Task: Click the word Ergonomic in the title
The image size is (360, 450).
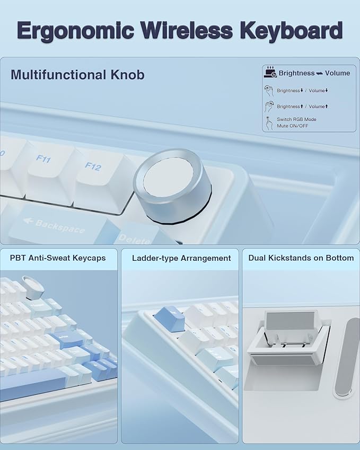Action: (x=75, y=31)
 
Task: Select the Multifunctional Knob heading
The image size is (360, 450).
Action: (x=77, y=75)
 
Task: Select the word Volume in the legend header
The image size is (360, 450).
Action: (x=337, y=73)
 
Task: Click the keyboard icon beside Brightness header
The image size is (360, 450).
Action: (x=270, y=72)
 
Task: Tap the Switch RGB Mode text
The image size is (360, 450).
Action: (x=296, y=119)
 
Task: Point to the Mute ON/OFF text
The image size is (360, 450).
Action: (x=293, y=126)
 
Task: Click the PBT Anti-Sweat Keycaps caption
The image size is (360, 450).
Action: (x=58, y=258)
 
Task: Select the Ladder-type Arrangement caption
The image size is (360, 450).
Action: (x=181, y=258)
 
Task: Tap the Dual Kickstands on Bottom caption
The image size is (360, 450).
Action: (x=301, y=258)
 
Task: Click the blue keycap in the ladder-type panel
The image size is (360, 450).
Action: (x=169, y=319)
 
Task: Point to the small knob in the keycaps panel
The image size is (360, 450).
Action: (x=33, y=288)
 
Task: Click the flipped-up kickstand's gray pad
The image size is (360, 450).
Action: (x=289, y=321)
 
